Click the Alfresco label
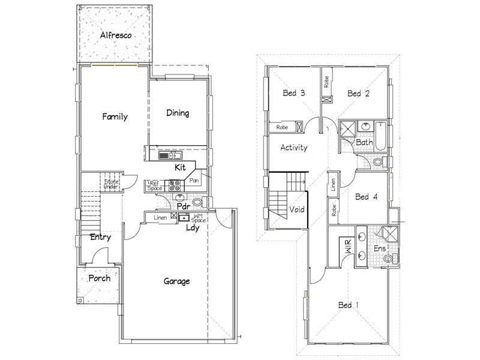point(116,35)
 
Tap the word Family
point(115,116)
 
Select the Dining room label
point(178,113)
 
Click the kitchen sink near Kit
point(170,155)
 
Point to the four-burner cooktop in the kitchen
point(175,186)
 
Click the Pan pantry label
point(194,181)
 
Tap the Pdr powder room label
point(184,206)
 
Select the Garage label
point(176,281)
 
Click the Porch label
point(100,278)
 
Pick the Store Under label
point(111,184)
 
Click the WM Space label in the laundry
point(199,218)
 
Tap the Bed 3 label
point(294,93)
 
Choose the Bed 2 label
point(358,94)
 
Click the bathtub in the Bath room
point(380,136)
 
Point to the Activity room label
point(294,148)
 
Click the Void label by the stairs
point(297,209)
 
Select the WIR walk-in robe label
point(349,247)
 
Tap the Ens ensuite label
point(380,248)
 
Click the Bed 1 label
point(349,305)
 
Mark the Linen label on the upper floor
point(334,185)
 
